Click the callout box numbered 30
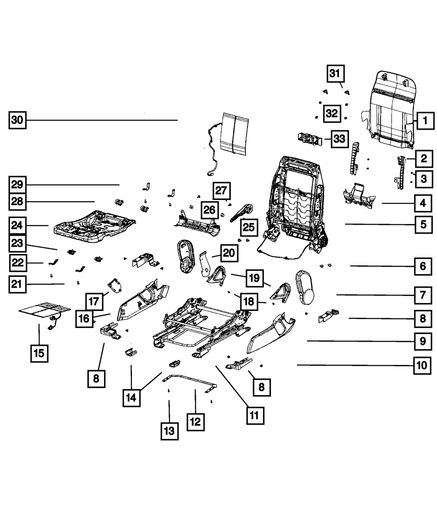pyautogui.click(x=17, y=120)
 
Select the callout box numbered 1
pyautogui.click(x=425, y=120)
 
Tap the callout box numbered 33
pyautogui.click(x=340, y=139)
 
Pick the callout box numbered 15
pyautogui.click(x=39, y=353)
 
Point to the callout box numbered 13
pyautogui.click(x=170, y=431)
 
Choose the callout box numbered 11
pyautogui.click(x=255, y=416)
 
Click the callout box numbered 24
pyautogui.click(x=17, y=225)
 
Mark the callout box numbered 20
pyautogui.click(x=229, y=253)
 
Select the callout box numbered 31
pyautogui.click(x=335, y=74)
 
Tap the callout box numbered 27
pyautogui.click(x=222, y=191)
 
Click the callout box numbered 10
pyautogui.click(x=422, y=365)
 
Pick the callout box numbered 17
pyautogui.click(x=94, y=302)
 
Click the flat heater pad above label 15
pyautogui.click(x=45, y=310)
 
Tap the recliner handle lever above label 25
pyautogui.click(x=241, y=213)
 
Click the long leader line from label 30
pyautogui.click(x=102, y=120)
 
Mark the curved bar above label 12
pyautogui.click(x=190, y=382)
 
